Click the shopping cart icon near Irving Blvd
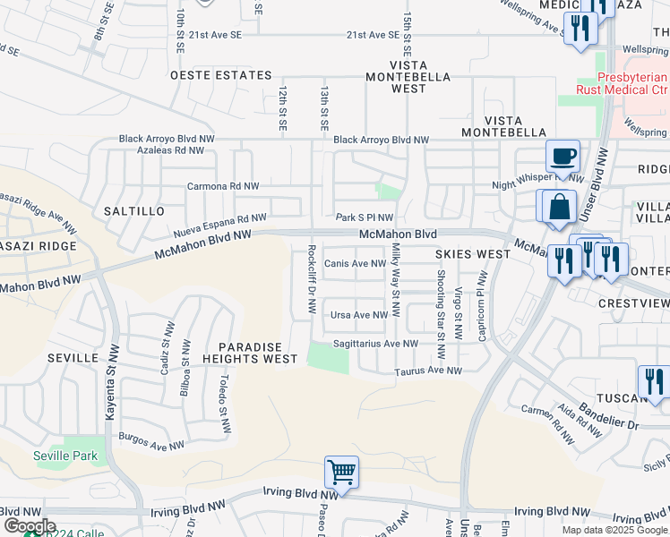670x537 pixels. coord(341,471)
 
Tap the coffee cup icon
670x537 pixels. coord(563,157)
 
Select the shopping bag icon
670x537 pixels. coord(559,207)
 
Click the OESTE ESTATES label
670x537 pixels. coord(220,76)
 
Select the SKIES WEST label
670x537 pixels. coord(473,254)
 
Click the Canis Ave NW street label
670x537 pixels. coord(354,263)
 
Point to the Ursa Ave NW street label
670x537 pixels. coord(359,315)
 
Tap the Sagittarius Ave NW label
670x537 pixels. coord(376,343)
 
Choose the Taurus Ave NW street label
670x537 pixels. coord(428,371)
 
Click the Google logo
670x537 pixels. coord(29,526)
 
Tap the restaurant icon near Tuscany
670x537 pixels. coord(653,381)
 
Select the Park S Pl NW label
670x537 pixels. coord(365,217)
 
